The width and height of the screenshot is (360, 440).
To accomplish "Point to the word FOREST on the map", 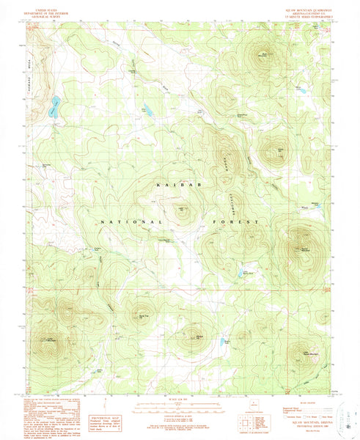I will point(237,221).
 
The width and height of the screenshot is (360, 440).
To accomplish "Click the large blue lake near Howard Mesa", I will point(54,108).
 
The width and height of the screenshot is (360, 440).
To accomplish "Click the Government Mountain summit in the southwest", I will point(50,340).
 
